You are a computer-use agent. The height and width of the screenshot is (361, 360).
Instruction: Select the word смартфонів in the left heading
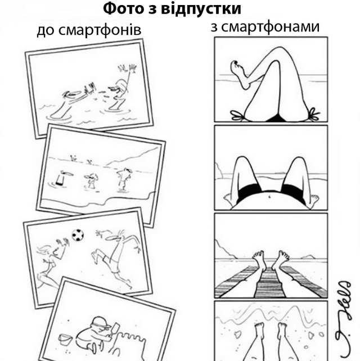[100, 30]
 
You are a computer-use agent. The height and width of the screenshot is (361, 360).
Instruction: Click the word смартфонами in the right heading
[270, 26]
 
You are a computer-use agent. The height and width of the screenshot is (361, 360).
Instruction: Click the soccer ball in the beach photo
[78, 235]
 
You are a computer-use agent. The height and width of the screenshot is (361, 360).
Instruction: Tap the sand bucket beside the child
[65, 340]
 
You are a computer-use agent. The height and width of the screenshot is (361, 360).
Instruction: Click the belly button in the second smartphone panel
[269, 197]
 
